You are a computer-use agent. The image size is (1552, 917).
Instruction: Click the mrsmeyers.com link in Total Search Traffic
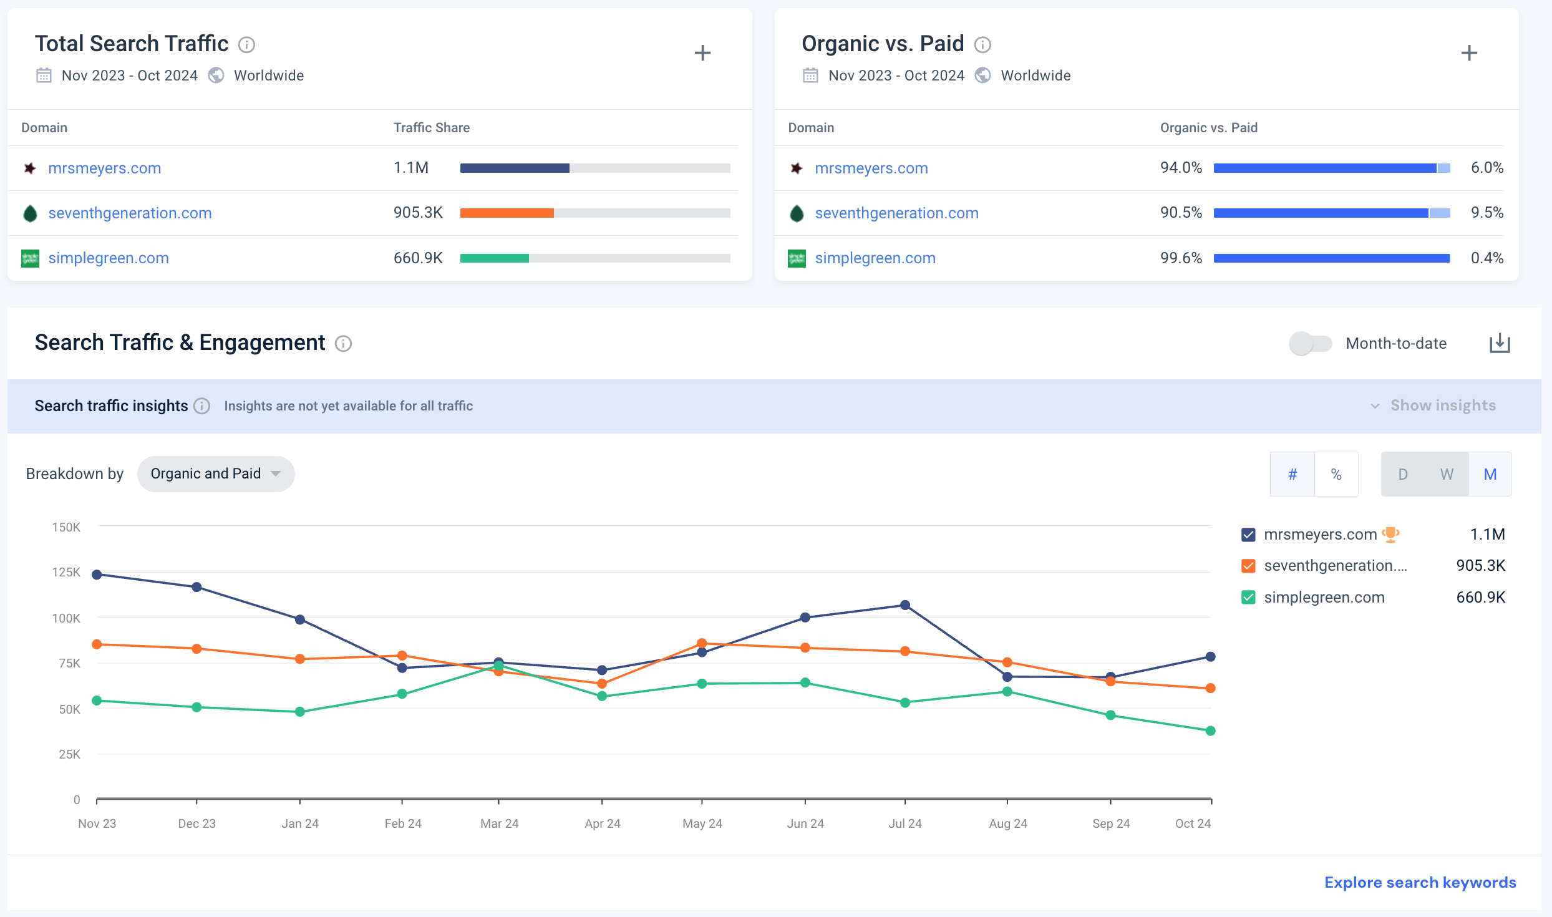[x=104, y=168]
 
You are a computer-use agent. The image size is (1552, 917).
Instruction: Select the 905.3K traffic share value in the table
[x=418, y=213]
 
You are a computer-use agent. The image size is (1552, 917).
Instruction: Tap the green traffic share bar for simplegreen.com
[x=494, y=258]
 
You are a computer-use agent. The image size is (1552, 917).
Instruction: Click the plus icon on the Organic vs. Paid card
[x=1469, y=53]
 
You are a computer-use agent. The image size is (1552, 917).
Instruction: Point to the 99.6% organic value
[x=1181, y=258]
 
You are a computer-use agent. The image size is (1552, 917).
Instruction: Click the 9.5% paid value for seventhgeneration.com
[x=1487, y=213]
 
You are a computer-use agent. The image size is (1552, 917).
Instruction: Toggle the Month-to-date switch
[x=1311, y=343]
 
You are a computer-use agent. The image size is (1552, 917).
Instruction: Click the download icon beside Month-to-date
[x=1500, y=343]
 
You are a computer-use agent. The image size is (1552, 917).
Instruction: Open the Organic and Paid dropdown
[x=216, y=474]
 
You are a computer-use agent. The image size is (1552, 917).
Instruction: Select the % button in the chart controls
[x=1336, y=474]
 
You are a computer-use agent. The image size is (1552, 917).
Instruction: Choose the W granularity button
[x=1447, y=474]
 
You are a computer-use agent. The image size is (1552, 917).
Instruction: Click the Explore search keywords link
[x=1420, y=882]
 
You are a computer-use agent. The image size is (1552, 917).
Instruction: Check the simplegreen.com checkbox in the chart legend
[x=1248, y=598]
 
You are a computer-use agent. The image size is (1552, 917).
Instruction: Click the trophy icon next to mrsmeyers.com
[x=1390, y=534]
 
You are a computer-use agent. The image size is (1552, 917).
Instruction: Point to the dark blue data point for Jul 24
[x=905, y=605]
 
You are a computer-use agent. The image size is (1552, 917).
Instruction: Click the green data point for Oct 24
[x=1210, y=730]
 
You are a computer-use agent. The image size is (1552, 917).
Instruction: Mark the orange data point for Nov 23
[x=97, y=644]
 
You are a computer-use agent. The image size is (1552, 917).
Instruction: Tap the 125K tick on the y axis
[x=66, y=572]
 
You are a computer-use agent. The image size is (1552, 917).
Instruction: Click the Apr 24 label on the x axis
[x=602, y=823]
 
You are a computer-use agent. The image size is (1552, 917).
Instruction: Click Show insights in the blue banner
[x=1443, y=405]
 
